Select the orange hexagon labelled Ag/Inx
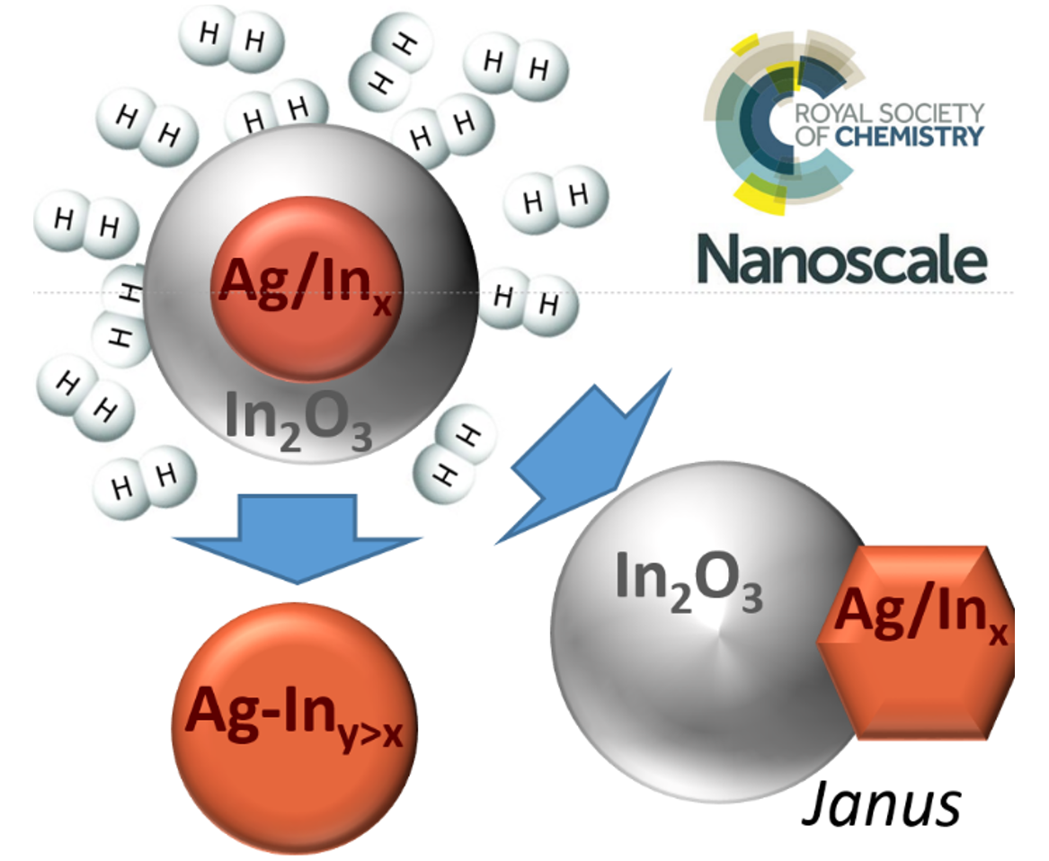click(x=917, y=643)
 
